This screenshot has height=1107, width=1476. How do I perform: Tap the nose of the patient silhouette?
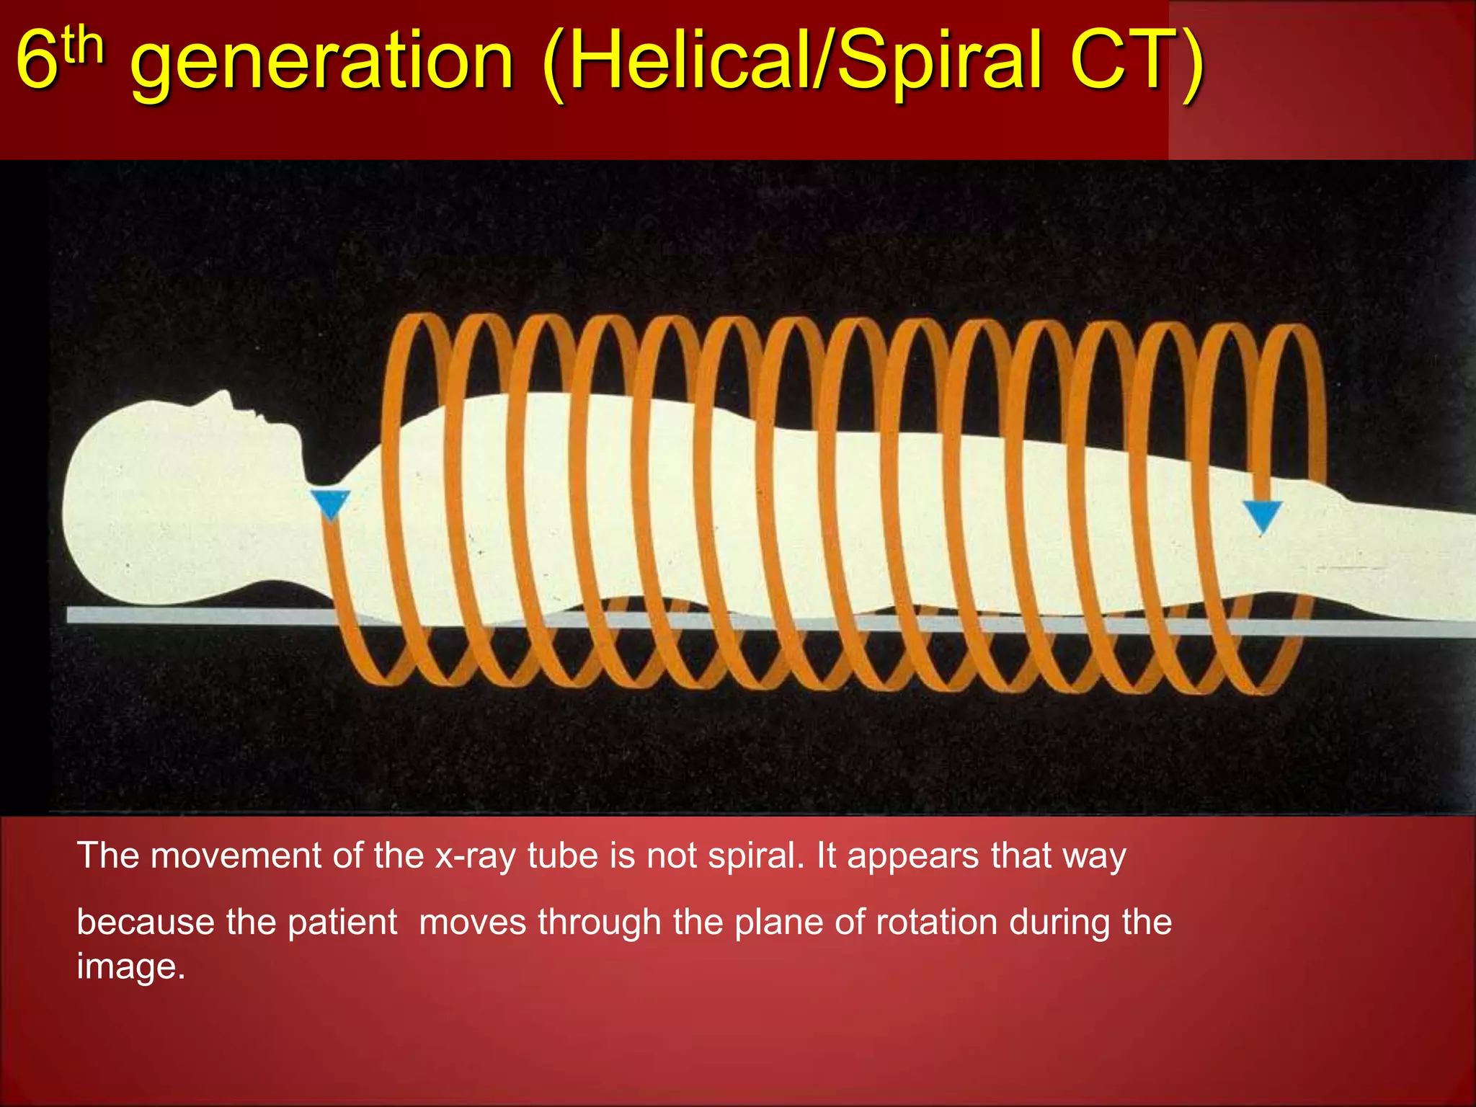(x=226, y=396)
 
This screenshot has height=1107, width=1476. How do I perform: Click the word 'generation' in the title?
(x=322, y=63)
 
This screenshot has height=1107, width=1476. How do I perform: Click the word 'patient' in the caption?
(x=342, y=922)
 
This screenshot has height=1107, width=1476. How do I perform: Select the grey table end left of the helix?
(x=195, y=615)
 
